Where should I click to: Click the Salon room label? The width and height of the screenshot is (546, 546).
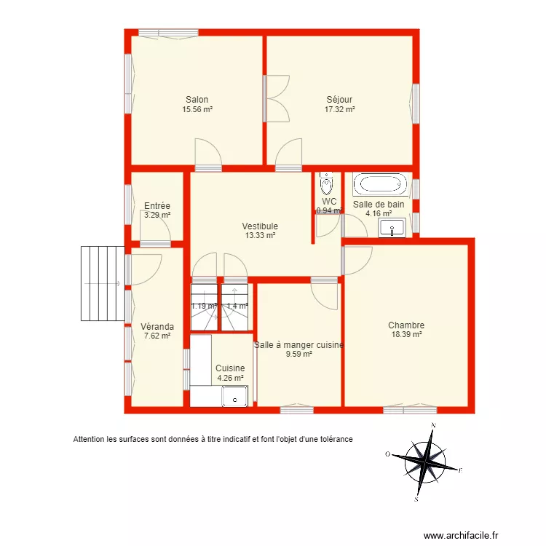tap(197, 100)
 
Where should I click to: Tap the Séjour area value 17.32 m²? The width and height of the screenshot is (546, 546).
tap(339, 109)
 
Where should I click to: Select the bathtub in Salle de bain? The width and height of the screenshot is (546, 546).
tap(379, 184)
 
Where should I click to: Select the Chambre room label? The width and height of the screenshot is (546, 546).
tap(406, 325)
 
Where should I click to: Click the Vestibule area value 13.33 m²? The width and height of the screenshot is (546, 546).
tap(260, 235)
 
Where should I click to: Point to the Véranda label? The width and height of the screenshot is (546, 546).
tap(157, 326)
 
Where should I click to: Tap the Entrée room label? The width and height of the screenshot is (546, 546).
tap(157, 205)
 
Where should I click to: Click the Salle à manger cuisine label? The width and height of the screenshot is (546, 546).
tap(298, 345)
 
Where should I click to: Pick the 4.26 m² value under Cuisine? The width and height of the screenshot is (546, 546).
tap(230, 378)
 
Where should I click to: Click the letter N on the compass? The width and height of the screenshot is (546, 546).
tap(434, 425)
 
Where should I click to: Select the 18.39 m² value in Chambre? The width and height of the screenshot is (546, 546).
tap(406, 335)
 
